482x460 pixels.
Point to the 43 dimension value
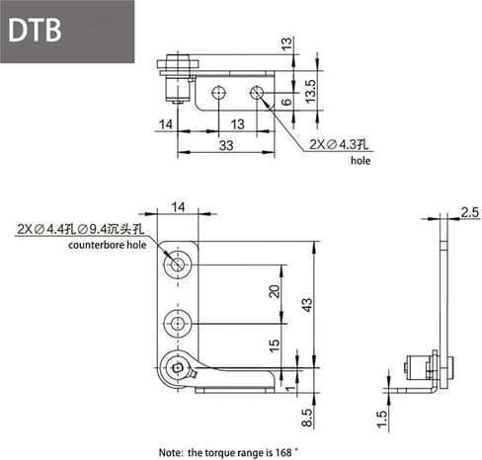tap(307, 307)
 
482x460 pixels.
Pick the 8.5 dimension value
tap(307, 419)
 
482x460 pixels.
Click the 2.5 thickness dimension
tap(468, 211)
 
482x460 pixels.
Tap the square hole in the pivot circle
tap(176, 370)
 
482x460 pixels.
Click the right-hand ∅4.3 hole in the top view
tap(257, 94)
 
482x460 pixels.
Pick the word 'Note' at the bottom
tap(171, 451)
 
